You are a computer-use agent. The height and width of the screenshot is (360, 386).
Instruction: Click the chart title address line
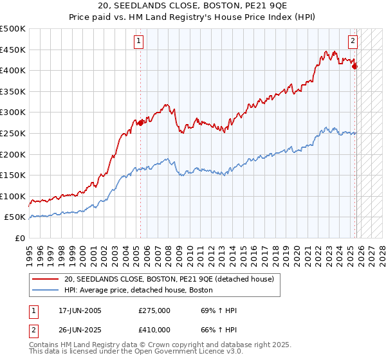[193, 6]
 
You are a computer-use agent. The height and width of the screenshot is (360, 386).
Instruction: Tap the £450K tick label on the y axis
[14, 50]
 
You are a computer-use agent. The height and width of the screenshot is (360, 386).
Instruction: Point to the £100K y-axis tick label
[14, 196]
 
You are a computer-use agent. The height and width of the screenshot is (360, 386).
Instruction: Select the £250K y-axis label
[14, 133]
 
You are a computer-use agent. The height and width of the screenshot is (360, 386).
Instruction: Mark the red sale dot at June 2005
[140, 122]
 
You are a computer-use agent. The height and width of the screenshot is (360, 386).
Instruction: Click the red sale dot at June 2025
[354, 66]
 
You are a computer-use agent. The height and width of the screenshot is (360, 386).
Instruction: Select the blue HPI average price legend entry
[138, 291]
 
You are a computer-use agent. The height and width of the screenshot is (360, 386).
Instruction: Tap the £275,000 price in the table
[154, 310]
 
